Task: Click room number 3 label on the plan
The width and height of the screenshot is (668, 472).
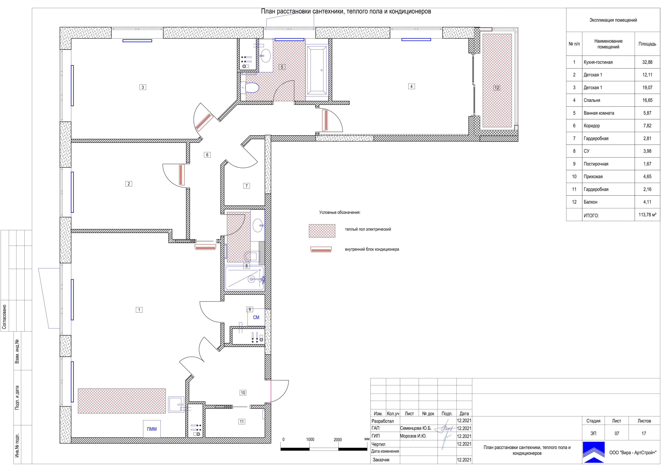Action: click(x=143, y=87)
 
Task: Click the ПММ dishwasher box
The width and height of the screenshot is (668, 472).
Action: click(x=152, y=429)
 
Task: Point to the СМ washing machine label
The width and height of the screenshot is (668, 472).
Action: click(x=256, y=317)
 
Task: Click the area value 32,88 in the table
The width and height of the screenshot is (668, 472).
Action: click(x=647, y=62)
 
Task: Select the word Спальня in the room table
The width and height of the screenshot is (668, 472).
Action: click(x=592, y=100)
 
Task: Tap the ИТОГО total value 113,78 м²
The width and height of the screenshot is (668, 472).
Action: click(x=647, y=215)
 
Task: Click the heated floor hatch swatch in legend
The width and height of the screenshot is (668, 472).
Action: click(x=322, y=231)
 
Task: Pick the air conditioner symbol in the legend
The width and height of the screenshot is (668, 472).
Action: click(x=321, y=249)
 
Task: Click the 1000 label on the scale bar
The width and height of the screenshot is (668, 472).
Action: click(x=310, y=439)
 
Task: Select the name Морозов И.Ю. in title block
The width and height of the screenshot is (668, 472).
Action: click(x=413, y=436)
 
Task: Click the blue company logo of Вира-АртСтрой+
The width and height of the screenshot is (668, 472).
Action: click(x=594, y=452)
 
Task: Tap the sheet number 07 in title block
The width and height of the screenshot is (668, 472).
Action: click(x=617, y=433)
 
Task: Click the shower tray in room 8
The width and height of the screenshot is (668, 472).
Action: click(x=245, y=278)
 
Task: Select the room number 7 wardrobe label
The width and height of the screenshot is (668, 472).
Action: click(x=246, y=186)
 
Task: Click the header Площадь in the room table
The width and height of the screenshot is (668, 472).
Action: click(x=647, y=44)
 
